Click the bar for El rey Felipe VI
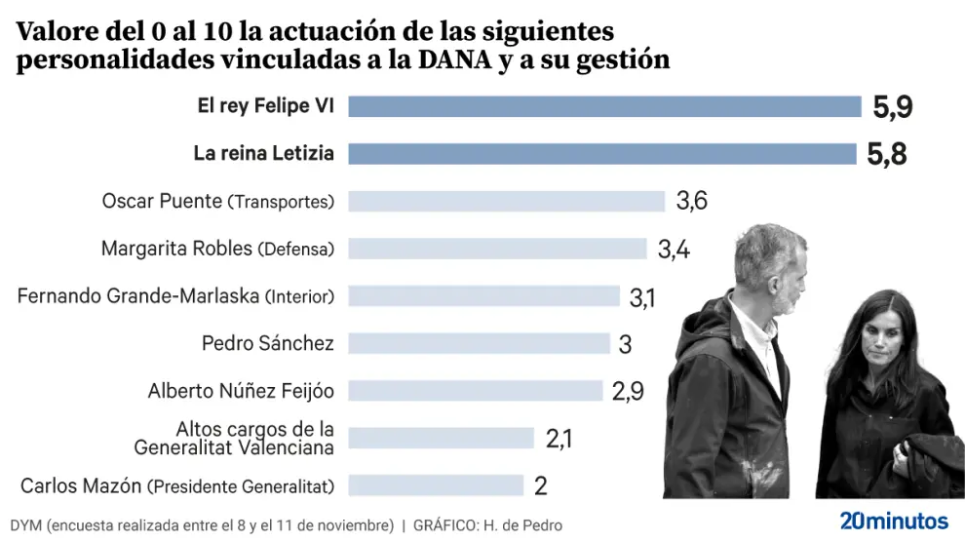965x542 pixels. (x=604, y=106)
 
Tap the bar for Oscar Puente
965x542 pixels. (x=506, y=202)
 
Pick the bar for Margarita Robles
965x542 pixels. (x=497, y=249)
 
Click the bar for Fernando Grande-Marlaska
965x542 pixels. (x=483, y=296)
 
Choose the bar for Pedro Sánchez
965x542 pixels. (x=479, y=343)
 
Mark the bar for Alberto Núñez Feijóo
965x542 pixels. (x=476, y=391)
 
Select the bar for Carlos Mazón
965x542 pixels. (x=436, y=485)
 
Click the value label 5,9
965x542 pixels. (x=892, y=107)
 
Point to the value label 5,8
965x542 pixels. (x=886, y=154)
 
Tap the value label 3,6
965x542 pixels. (x=691, y=202)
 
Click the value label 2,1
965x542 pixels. (x=559, y=439)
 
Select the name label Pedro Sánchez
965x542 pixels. (x=267, y=343)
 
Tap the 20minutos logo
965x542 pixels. (x=893, y=519)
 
